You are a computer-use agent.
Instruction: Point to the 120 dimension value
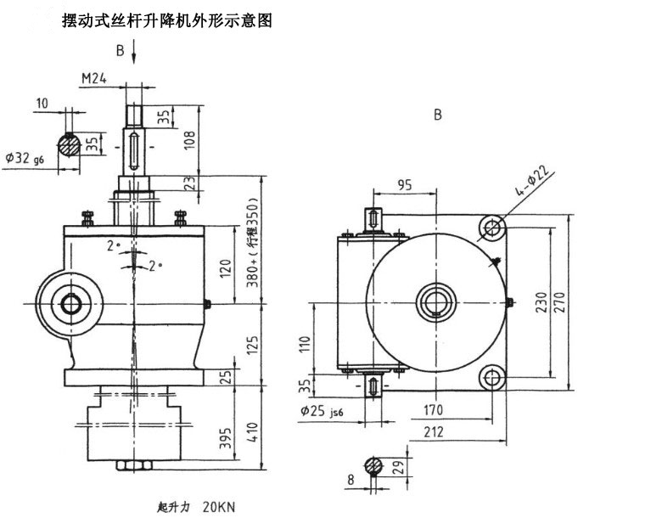pyautogui.click(x=225, y=270)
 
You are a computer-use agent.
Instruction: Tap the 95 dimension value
pyautogui.click(x=405, y=186)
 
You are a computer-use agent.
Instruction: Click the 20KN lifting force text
pyautogui.click(x=218, y=507)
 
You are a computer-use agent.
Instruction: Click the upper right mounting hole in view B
pyautogui.click(x=493, y=226)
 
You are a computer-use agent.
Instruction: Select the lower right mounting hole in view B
pyautogui.click(x=493, y=377)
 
